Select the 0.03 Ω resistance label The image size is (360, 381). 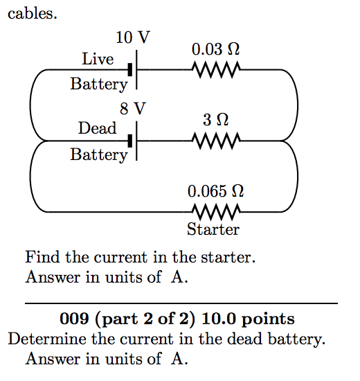click(216, 49)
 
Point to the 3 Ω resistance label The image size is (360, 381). click(216, 120)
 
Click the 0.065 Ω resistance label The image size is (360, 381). click(216, 190)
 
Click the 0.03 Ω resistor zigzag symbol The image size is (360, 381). click(216, 70)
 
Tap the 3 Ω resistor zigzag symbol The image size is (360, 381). click(216, 141)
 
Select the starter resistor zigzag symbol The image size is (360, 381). click(216, 211)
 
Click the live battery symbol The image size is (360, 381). click(133, 70)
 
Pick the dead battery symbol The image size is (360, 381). click(133, 141)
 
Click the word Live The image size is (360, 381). click(98, 60)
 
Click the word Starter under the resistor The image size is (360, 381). click(213, 229)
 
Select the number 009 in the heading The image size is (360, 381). click(74, 319)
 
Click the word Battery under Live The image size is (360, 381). click(99, 85)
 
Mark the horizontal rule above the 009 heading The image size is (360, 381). click(181, 303)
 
